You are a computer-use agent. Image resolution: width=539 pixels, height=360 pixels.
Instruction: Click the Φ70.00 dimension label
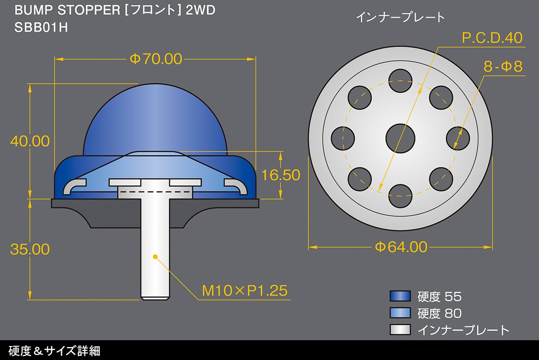pyautogui.click(x=156, y=59)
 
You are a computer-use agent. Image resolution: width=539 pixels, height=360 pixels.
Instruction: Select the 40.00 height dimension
pyautogui.click(x=30, y=141)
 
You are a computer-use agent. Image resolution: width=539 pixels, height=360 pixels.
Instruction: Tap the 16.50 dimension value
pyautogui.click(x=281, y=175)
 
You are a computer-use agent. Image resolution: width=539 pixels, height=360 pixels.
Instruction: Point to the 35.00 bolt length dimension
pyautogui.click(x=30, y=249)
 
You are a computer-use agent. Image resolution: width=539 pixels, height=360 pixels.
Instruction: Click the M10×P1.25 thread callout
pyautogui.click(x=244, y=291)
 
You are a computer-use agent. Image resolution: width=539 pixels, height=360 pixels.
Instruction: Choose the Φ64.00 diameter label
pyautogui.click(x=401, y=247)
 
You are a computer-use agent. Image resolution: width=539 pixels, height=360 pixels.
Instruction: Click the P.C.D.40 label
pyautogui.click(x=492, y=38)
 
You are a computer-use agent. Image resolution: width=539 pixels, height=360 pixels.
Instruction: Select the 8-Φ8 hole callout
pyautogui.click(x=503, y=66)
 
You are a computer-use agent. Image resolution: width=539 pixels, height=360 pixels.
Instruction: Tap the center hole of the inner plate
pyautogui.click(x=400, y=139)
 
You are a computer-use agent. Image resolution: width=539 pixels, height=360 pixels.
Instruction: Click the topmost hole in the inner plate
pyautogui.click(x=400, y=81)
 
